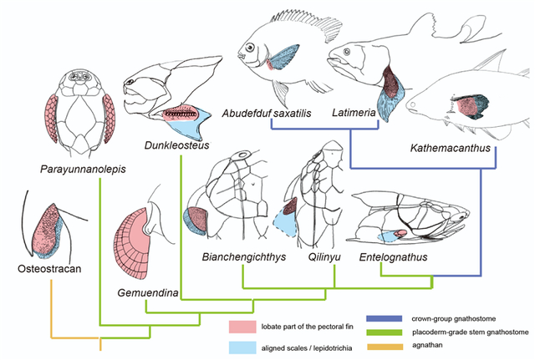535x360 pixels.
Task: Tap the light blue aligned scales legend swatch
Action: (x=247, y=347)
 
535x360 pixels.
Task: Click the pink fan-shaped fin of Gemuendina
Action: (x=135, y=241)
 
